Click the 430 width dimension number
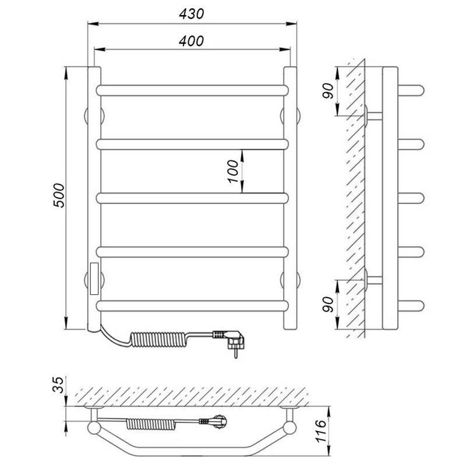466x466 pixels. (x=192, y=14)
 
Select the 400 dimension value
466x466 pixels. (x=192, y=41)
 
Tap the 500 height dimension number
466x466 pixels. (x=59, y=195)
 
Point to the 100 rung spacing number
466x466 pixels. (x=233, y=171)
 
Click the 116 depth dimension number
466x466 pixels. (x=322, y=431)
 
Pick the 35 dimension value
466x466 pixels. (x=58, y=385)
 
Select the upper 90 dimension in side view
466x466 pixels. (x=328, y=91)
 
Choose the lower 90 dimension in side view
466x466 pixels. (x=328, y=304)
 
